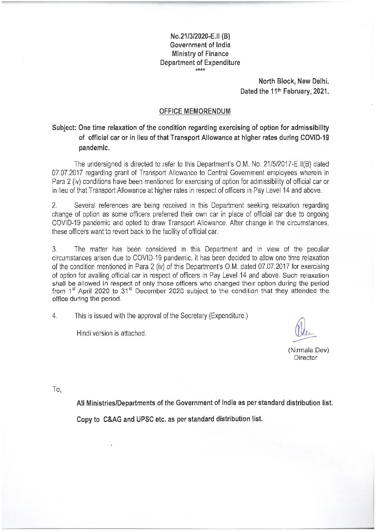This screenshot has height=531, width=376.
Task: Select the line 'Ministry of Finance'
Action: coord(200,54)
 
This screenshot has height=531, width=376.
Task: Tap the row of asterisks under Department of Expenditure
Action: coord(200,69)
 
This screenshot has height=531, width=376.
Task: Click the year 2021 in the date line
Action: coord(321,91)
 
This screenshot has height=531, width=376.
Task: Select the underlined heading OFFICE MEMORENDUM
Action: coord(195,111)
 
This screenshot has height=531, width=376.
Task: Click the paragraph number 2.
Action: coord(54,206)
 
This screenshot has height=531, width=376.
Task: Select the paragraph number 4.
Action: coord(54,316)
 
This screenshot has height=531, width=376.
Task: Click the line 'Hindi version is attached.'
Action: coord(111,334)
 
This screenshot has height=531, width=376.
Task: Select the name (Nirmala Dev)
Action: coord(308,350)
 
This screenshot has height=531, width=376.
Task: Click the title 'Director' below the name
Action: coord(305,358)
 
